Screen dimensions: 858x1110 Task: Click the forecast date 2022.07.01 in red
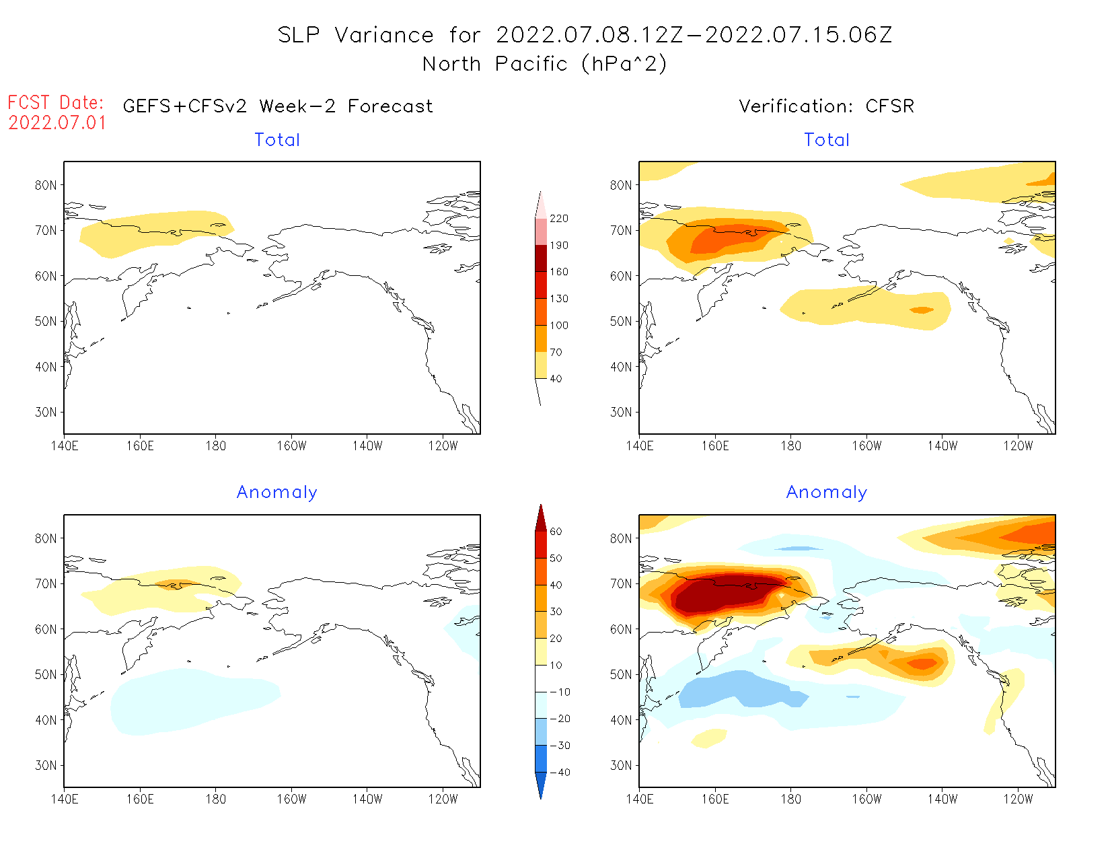coord(57,123)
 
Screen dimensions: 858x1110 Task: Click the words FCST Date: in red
coord(56,103)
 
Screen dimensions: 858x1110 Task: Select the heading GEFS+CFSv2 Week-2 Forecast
coord(278,106)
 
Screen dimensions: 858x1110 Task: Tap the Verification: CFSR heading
coord(826,106)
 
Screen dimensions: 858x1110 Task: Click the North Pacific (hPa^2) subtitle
coord(544,64)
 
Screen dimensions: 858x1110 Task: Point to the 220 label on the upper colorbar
coord(558,219)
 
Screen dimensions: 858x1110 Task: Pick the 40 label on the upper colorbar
coord(556,379)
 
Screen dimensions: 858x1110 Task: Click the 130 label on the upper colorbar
coord(558,299)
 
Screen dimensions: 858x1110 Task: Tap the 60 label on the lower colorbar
coord(556,532)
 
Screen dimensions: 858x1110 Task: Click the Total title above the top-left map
coord(277,140)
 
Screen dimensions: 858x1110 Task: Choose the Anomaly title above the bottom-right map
coord(827,493)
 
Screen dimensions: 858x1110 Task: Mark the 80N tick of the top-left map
coord(46,186)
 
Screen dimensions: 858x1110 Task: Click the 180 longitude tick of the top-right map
coord(791,446)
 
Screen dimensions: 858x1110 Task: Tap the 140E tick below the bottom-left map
coord(65,799)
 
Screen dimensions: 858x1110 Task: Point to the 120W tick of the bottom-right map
coord(1018,799)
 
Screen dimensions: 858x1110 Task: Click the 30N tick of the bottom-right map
coord(621,766)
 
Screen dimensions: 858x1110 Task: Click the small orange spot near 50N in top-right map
coord(922,310)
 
